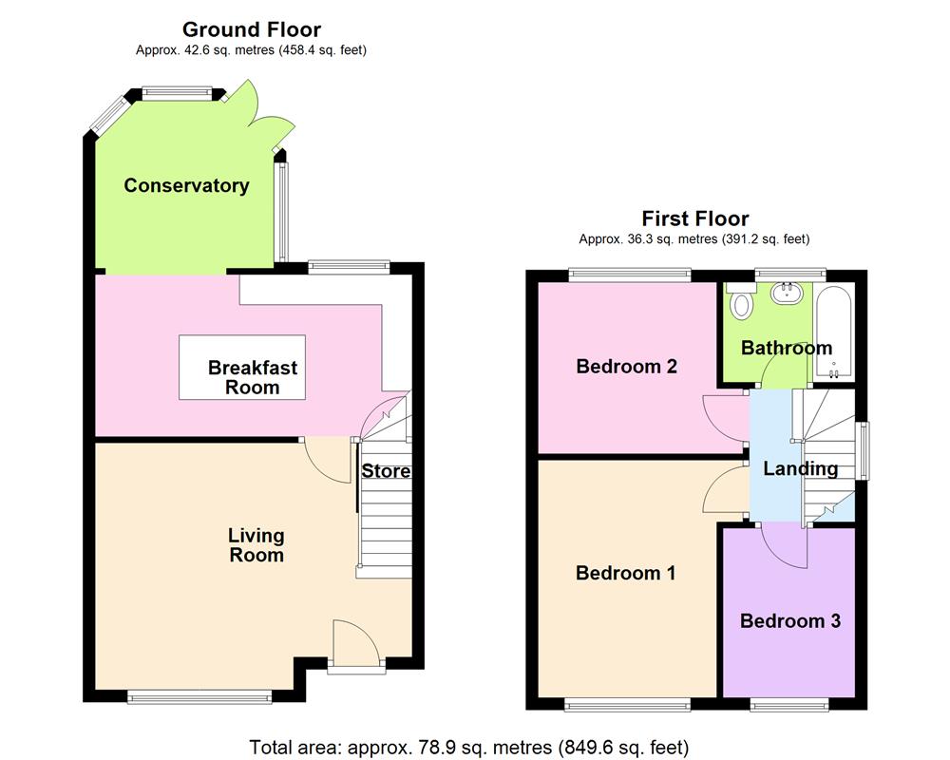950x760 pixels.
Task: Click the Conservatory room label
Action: pyautogui.click(x=186, y=186)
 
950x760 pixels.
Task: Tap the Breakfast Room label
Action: pyautogui.click(x=253, y=377)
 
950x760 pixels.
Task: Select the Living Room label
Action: pyautogui.click(x=256, y=545)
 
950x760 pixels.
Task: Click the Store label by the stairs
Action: pyautogui.click(x=386, y=471)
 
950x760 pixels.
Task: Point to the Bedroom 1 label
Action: pyautogui.click(x=625, y=573)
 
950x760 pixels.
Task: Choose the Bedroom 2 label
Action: pyautogui.click(x=626, y=366)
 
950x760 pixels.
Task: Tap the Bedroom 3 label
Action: pyautogui.click(x=789, y=621)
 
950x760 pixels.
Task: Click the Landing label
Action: pyautogui.click(x=800, y=468)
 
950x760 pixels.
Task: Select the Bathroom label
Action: pyautogui.click(x=787, y=348)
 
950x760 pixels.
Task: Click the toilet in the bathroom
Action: pyautogui.click(x=741, y=304)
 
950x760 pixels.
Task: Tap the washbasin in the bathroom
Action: pyautogui.click(x=788, y=293)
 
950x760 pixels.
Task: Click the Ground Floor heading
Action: pyautogui.click(x=251, y=30)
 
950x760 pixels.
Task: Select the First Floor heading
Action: pyautogui.click(x=694, y=218)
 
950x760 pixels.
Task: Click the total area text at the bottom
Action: pyautogui.click(x=468, y=747)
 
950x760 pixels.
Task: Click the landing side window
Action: pyautogui.click(x=864, y=450)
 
